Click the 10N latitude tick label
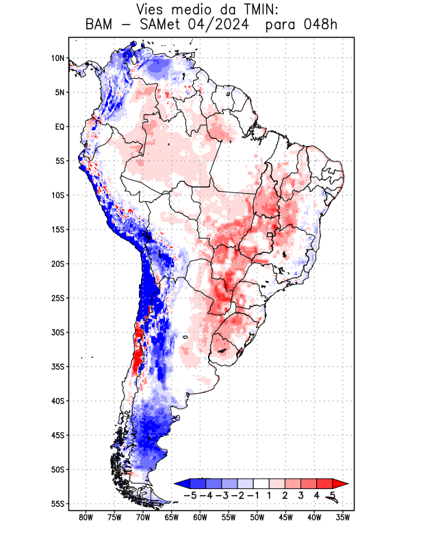tap(57, 58)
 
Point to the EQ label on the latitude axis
tap(60, 127)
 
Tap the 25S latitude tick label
tap(57, 298)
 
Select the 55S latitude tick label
tap(57, 504)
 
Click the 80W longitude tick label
tap(86, 517)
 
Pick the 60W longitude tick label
tap(200, 517)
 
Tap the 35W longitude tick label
tap(343, 517)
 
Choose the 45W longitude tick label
tap(285, 517)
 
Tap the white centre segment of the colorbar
tap(261, 483)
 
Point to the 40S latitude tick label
tap(57, 401)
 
